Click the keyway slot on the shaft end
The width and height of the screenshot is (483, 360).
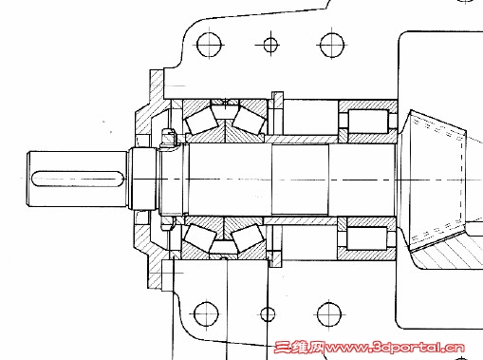[x=78, y=179]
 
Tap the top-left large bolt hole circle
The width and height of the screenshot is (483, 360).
[x=209, y=45]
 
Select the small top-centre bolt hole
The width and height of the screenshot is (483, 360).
[x=270, y=45]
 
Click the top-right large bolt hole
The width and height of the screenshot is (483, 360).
[x=331, y=45]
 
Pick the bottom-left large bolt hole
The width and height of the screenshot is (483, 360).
[x=206, y=314]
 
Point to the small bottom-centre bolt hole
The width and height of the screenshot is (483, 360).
[x=268, y=314]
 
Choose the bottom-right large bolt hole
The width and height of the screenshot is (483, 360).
[x=329, y=314]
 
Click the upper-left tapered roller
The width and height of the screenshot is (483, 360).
[x=201, y=123]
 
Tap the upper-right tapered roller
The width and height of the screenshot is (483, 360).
[x=249, y=120]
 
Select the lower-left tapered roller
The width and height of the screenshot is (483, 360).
[x=200, y=237]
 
